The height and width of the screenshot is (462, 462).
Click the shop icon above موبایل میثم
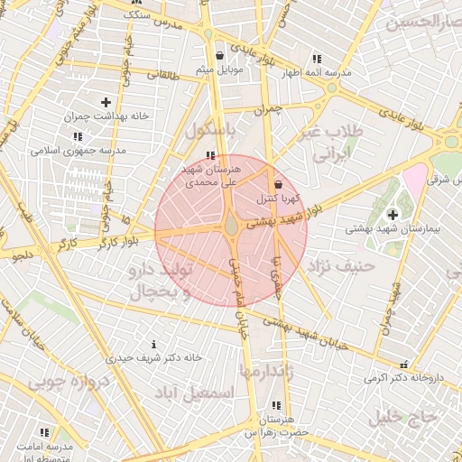coord(208,55)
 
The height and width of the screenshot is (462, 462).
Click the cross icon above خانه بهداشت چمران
coord(106,102)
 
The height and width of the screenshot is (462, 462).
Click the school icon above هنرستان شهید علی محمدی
coord(210,155)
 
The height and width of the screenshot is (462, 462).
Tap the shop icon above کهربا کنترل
coord(278,184)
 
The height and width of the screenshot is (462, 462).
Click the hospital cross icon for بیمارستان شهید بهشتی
coord(393,214)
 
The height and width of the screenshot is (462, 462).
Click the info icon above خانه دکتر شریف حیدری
coord(153,344)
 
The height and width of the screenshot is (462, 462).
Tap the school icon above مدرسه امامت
coord(45,433)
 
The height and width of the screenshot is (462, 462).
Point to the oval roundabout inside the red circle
coord(232,225)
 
